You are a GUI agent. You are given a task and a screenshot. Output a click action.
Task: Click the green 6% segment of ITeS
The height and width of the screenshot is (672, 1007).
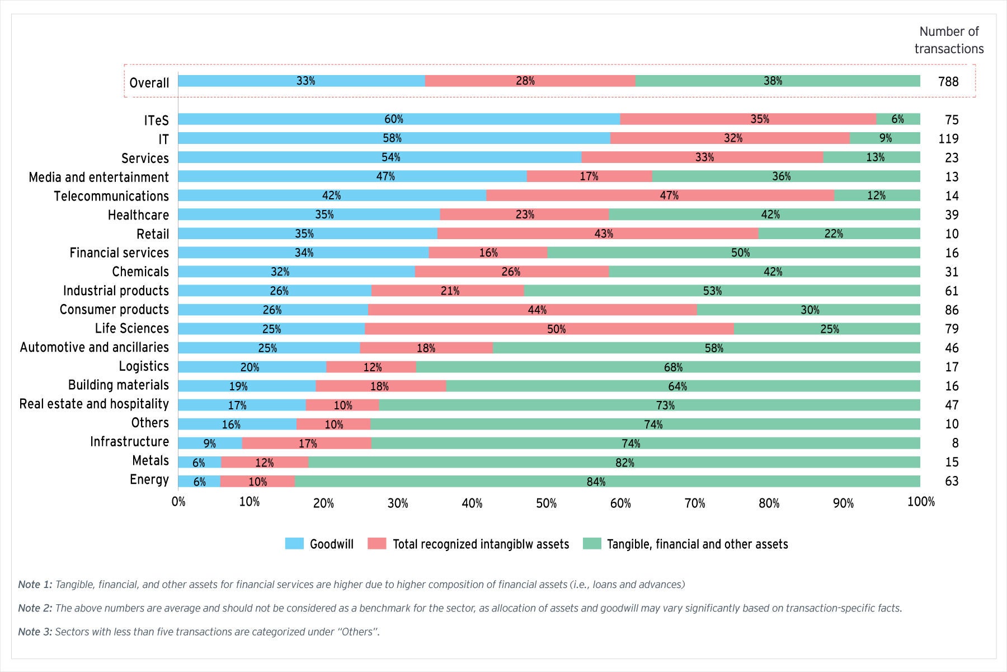tap(898, 119)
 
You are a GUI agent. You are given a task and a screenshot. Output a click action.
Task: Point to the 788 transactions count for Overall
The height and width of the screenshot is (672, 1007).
tap(948, 82)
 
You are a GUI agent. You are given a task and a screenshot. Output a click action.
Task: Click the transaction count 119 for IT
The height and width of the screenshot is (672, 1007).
tap(948, 138)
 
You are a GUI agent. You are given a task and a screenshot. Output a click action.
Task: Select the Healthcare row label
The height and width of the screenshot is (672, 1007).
tap(138, 215)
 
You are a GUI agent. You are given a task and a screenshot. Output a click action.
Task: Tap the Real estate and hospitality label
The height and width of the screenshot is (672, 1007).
tap(94, 404)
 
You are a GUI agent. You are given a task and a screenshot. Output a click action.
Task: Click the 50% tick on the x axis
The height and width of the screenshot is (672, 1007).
tap(546, 503)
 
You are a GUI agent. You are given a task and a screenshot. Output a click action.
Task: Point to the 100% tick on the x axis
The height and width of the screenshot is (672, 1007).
tap(920, 502)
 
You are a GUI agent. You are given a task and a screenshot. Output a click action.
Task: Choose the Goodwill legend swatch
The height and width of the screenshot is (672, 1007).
tap(294, 544)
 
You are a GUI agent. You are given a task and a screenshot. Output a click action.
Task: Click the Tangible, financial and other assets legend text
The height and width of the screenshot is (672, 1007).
tap(697, 544)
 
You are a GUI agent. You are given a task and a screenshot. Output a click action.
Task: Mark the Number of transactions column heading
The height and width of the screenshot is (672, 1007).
tap(949, 40)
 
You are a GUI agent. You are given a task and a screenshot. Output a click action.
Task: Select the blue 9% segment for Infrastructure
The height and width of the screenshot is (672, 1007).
tap(210, 444)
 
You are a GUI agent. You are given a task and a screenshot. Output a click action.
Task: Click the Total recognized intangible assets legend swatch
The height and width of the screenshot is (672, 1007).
tap(377, 544)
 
